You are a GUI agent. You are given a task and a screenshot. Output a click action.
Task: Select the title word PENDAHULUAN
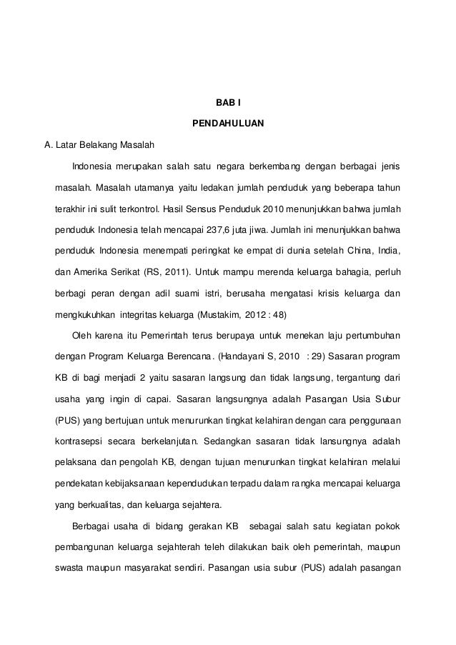[x=228, y=125]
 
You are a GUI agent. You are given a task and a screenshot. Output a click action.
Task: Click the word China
[x=346, y=251]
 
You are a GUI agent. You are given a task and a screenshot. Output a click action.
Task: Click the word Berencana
[x=191, y=356]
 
